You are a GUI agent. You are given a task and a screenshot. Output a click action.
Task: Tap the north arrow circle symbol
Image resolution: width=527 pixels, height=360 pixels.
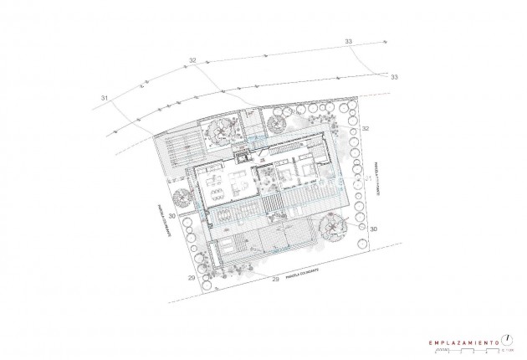point(506,339)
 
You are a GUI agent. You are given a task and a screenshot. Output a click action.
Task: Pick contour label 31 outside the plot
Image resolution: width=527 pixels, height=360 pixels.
point(105,100)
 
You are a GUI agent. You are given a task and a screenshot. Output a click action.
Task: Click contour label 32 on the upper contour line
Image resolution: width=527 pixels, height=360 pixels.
point(192,60)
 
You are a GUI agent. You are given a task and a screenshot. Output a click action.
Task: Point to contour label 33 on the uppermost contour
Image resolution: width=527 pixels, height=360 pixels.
point(348,41)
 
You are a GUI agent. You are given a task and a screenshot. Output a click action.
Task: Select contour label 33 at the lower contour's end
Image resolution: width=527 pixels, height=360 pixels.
point(396,77)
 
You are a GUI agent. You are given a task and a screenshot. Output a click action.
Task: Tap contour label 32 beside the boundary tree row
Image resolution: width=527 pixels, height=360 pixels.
point(366,128)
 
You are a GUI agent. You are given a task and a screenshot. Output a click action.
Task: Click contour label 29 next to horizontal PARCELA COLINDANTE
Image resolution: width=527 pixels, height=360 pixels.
point(275,278)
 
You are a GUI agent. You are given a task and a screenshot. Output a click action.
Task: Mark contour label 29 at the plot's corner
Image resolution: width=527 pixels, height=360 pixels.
point(192,276)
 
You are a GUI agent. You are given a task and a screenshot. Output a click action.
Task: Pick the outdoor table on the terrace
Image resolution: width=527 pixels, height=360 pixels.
point(227,215)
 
